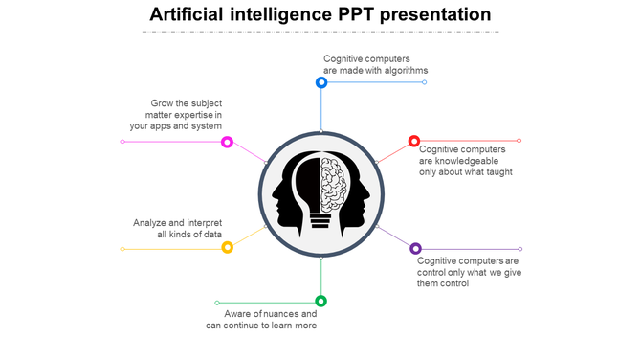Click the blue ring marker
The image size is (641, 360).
[x=321, y=82]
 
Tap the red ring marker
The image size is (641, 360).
[x=414, y=142]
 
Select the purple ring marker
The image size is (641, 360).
[x=415, y=249]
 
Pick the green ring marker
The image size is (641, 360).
[x=321, y=301]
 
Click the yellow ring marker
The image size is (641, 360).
[x=228, y=248]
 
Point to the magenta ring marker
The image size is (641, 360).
[x=227, y=142]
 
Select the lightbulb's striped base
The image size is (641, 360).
[x=320, y=221]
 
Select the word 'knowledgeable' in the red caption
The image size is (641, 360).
[x=458, y=161]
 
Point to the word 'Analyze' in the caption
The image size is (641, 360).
[x=151, y=223]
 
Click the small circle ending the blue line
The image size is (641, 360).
[x=425, y=82]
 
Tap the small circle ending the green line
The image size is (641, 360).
[x=217, y=303]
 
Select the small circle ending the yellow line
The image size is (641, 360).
[x=122, y=249]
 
